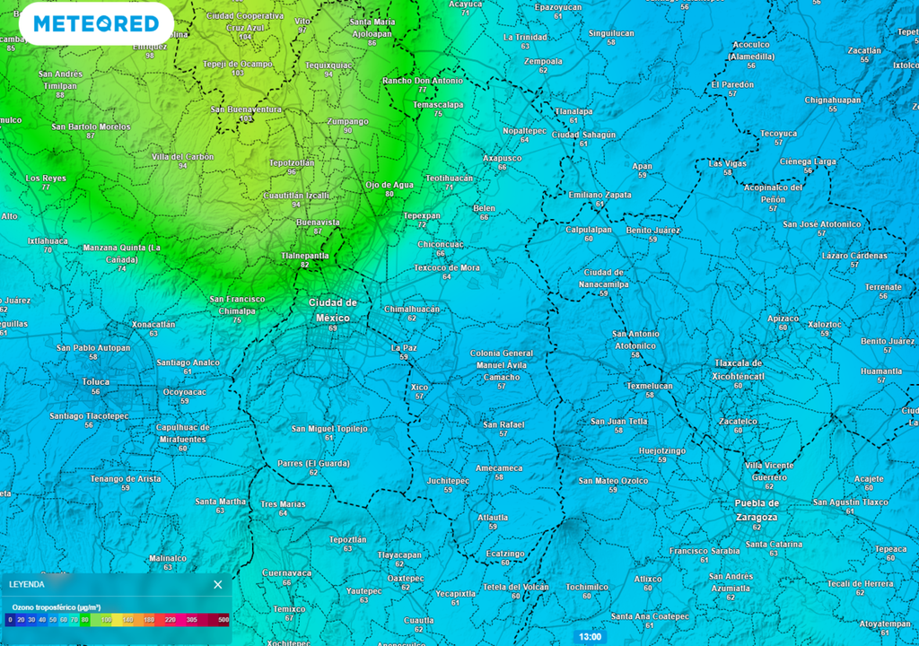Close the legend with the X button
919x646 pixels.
click(x=218, y=585)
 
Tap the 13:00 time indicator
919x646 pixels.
click(x=590, y=637)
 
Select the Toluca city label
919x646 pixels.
click(x=96, y=381)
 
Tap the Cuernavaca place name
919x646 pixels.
click(x=286, y=572)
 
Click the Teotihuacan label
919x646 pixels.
click(x=449, y=178)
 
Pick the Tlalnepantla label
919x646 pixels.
click(x=305, y=256)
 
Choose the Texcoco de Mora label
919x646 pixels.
click(x=447, y=267)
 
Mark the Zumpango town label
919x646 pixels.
click(x=347, y=121)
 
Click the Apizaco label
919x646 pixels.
click(x=783, y=319)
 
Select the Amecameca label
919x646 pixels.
click(x=499, y=468)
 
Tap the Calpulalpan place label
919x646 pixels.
click(x=588, y=229)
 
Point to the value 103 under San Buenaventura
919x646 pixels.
click(x=246, y=118)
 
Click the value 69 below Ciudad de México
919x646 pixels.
click(x=333, y=328)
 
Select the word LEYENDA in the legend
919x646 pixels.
click(x=27, y=585)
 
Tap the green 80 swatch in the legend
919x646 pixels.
click(x=84, y=620)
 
